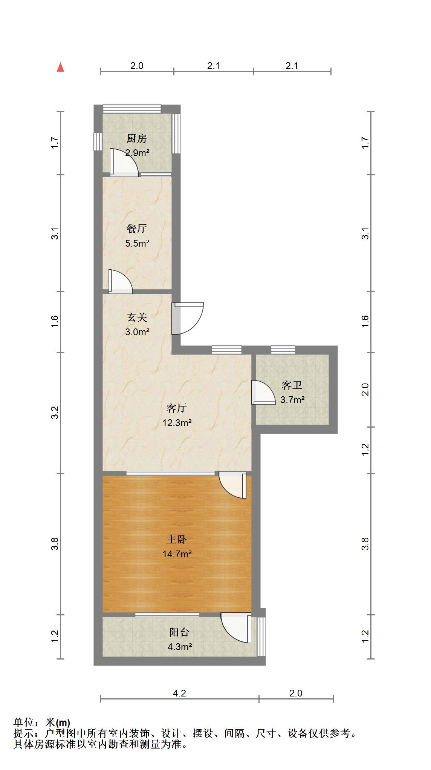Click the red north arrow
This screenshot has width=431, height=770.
point(60,67)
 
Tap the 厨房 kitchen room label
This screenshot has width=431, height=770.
point(136,139)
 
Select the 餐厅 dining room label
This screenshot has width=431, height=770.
point(136,229)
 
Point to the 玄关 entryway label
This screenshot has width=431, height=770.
point(137,318)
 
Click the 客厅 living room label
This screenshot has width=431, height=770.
point(177,408)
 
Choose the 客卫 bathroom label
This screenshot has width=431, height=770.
point(292,385)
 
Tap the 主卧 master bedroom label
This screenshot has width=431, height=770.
point(177,540)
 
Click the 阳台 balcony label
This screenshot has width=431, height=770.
point(179,632)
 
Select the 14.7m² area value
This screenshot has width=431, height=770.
point(177,554)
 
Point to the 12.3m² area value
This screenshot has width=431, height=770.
point(177,423)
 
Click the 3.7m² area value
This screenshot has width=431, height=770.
point(292,400)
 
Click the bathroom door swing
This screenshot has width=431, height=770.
point(263,393)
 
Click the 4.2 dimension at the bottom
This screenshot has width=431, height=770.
point(179,693)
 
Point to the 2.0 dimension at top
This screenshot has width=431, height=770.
point(137,66)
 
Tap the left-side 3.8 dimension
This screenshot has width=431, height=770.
point(55,544)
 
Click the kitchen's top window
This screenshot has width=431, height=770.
point(132,109)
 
